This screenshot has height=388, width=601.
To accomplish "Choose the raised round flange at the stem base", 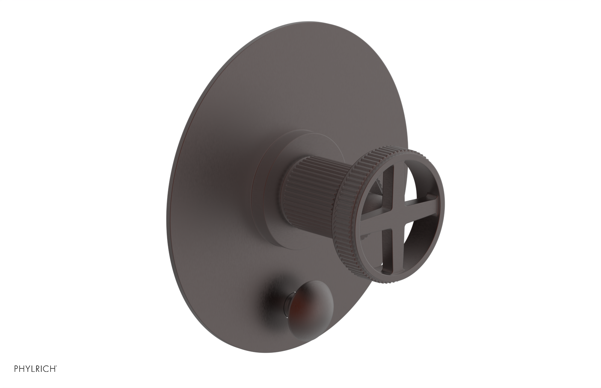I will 270,196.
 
